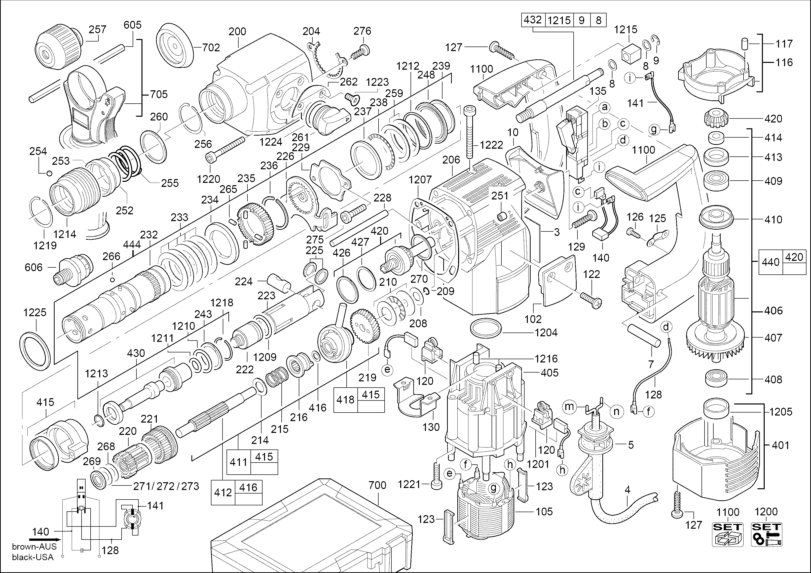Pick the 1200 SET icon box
point(766,535)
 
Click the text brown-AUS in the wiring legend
point(34,547)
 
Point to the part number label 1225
point(35,312)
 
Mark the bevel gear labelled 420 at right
point(715,119)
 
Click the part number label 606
point(33,267)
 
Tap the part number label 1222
point(491,145)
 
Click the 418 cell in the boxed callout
point(345,400)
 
